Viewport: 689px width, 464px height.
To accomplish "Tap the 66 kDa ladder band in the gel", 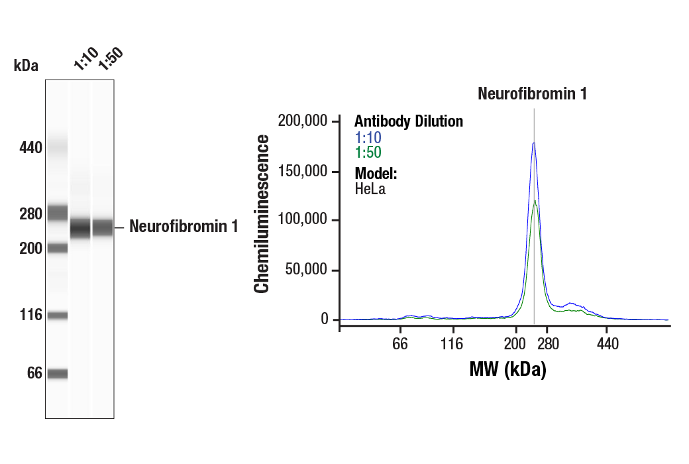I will (x=58, y=374).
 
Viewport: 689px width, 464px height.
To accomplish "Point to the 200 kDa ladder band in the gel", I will (x=58, y=248).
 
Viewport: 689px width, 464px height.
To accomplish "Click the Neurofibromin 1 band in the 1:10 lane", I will (x=81, y=227).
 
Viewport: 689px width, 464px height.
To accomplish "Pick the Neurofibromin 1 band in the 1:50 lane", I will (x=103, y=227).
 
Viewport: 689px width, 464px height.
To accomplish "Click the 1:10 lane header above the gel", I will (x=85, y=58).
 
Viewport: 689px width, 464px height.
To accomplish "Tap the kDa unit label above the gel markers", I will (x=26, y=66).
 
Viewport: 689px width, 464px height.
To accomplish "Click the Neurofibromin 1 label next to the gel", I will (x=184, y=227).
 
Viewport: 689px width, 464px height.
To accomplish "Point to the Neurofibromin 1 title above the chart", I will (x=533, y=93).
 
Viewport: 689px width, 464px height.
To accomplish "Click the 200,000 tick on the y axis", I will (x=303, y=121).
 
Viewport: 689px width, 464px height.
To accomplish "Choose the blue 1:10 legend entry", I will (x=368, y=138).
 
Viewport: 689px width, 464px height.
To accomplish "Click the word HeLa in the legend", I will (x=370, y=189).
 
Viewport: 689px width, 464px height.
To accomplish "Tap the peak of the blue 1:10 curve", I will (x=533, y=143).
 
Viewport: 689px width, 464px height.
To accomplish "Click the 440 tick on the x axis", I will (x=607, y=345).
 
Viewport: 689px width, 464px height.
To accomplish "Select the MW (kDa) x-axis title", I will (x=507, y=370).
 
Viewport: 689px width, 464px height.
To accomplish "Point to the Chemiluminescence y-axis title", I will (x=262, y=214).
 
